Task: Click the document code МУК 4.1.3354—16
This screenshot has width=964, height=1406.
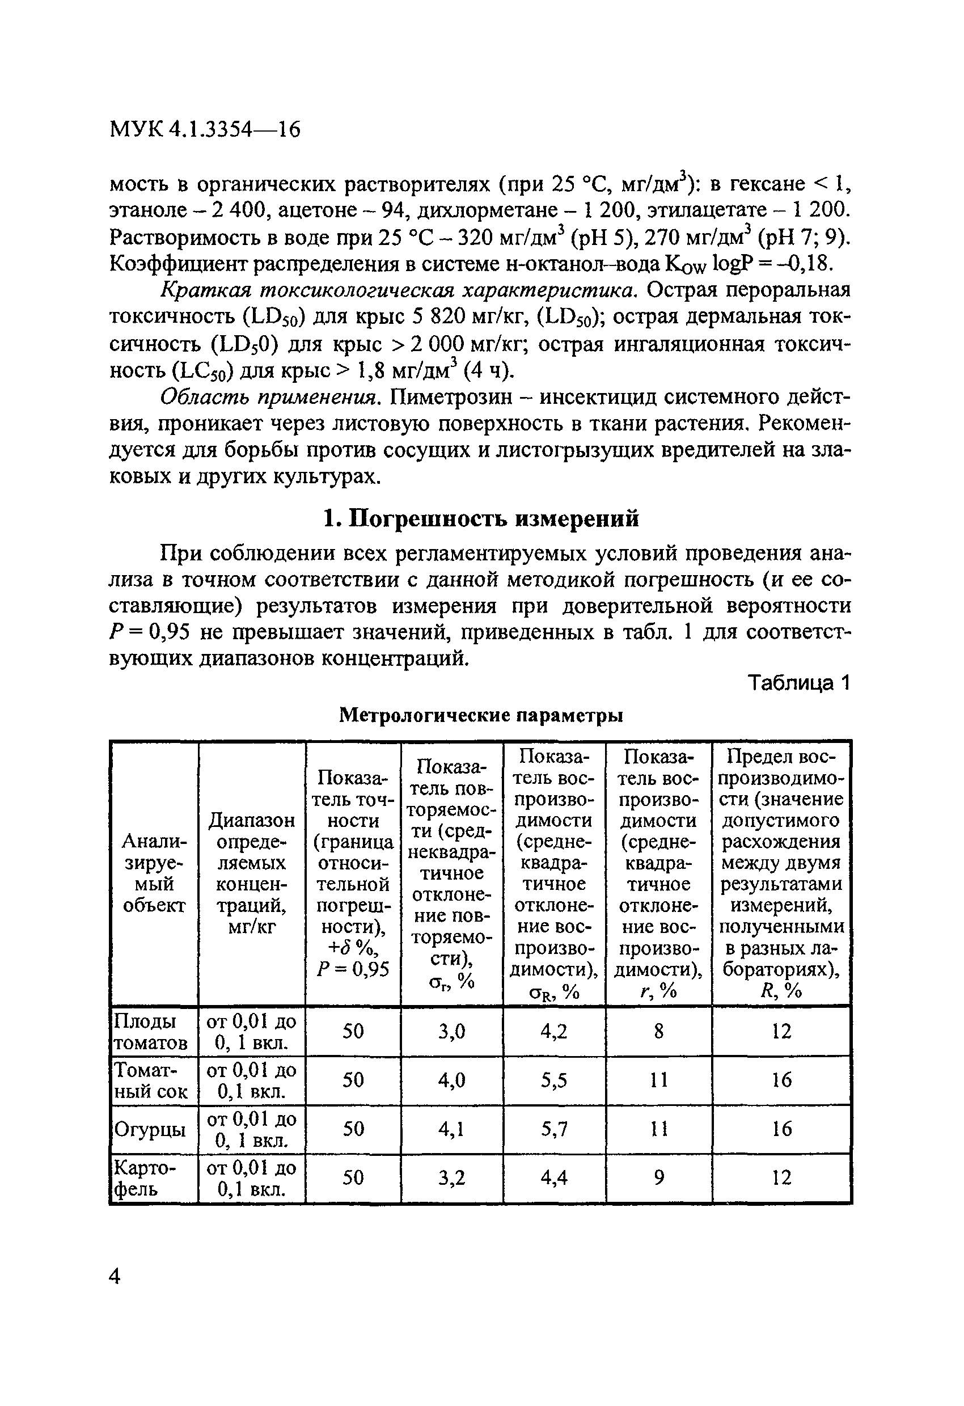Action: click(x=205, y=129)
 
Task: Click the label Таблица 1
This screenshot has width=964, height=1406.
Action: click(x=800, y=683)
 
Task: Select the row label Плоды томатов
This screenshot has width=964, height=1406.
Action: click(x=151, y=1032)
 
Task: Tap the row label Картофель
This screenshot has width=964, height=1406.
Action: click(x=145, y=1179)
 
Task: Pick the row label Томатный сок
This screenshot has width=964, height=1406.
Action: click(x=151, y=1080)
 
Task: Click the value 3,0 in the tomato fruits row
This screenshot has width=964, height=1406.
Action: click(x=452, y=1032)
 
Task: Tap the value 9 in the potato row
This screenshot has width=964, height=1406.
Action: click(x=658, y=1179)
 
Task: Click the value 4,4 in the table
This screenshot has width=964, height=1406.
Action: click(x=554, y=1179)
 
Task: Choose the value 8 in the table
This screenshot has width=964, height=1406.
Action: click(x=658, y=1032)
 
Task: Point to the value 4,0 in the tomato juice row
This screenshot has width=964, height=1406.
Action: click(x=452, y=1080)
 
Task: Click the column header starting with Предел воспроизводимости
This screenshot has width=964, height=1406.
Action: click(x=781, y=873)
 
